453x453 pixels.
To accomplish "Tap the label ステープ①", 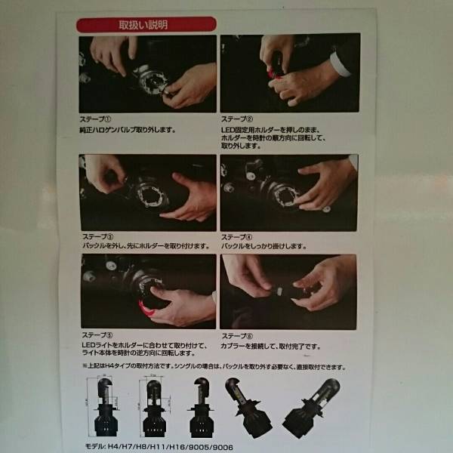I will click(x=96, y=119).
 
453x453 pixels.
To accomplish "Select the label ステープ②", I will click(x=237, y=119).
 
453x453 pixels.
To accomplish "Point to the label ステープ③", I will click(x=97, y=236).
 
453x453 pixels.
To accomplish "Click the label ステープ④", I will click(x=238, y=236).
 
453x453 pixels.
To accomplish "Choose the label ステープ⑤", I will click(x=97, y=334).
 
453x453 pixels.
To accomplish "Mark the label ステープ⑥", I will click(x=238, y=334).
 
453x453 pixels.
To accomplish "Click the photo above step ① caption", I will click(x=147, y=74).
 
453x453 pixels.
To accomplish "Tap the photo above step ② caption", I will click(x=288, y=74).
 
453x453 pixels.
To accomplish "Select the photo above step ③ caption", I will click(x=148, y=192).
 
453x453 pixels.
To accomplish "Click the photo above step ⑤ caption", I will click(x=148, y=290).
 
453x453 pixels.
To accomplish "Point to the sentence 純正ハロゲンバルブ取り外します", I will click(x=128, y=130).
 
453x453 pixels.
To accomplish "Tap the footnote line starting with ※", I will click(x=214, y=367).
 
